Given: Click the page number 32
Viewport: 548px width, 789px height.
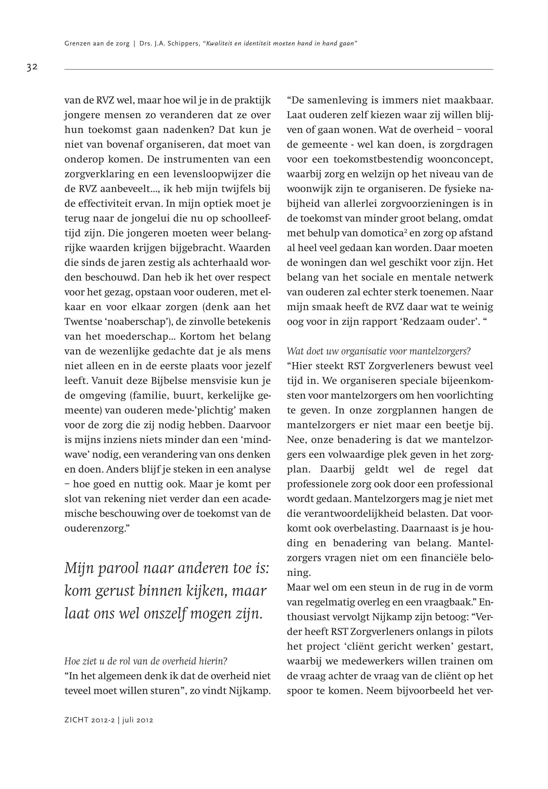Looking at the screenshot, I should click(x=32, y=67).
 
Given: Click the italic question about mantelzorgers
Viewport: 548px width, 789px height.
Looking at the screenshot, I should click(x=378, y=351).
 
